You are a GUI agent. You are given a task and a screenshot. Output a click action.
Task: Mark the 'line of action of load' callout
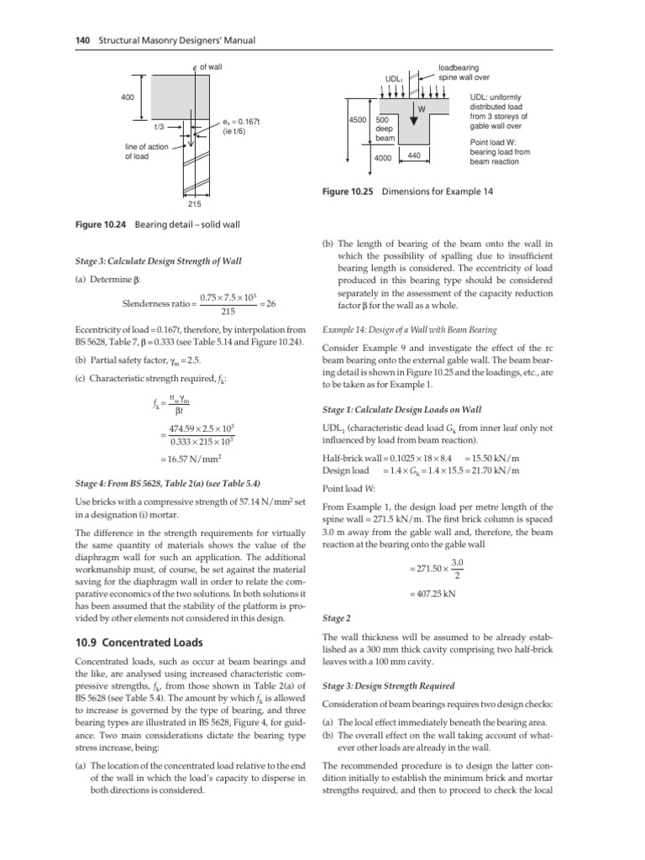point(145,150)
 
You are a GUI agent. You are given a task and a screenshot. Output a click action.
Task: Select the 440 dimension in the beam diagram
point(413,155)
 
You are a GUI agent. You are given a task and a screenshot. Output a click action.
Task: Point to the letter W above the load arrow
point(422,108)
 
